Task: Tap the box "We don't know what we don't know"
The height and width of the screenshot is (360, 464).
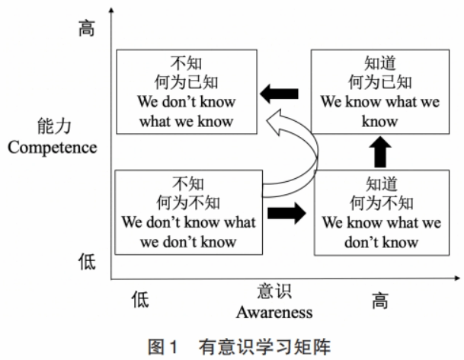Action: (x=187, y=213)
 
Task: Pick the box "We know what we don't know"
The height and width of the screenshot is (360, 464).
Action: (x=381, y=213)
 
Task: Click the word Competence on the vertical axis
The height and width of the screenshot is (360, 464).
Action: (x=52, y=146)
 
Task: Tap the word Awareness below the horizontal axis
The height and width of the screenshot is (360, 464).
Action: (x=274, y=313)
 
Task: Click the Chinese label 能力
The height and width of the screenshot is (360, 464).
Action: (x=53, y=126)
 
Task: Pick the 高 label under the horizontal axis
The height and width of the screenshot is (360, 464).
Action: (x=380, y=301)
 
